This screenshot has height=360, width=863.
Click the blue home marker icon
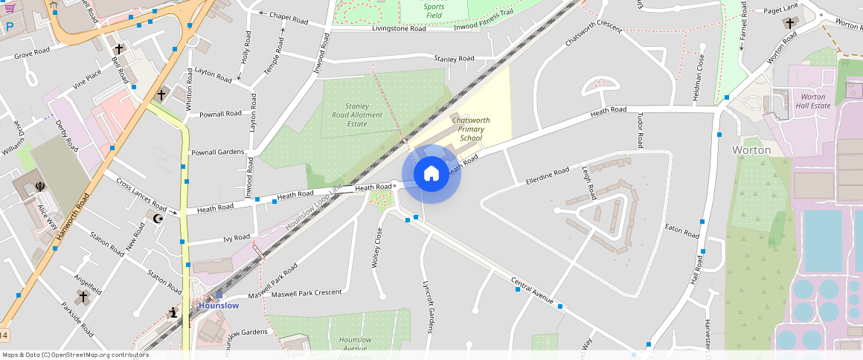tap(431, 174)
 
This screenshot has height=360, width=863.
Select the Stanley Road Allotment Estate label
tap(357, 115)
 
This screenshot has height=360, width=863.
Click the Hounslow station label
tap(219, 306)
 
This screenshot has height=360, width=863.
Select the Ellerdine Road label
tap(547, 176)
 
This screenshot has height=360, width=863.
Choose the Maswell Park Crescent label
tap(307, 293)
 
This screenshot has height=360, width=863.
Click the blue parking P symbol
tap(10, 27)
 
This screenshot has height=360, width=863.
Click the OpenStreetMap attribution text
tap(74, 355)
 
